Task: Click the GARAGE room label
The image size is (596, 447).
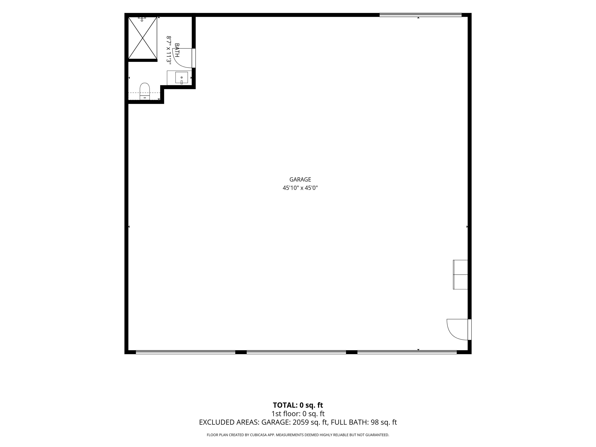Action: pyautogui.click(x=300, y=179)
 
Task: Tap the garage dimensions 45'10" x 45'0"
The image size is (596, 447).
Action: pyautogui.click(x=300, y=188)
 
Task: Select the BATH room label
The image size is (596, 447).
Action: pyautogui.click(x=177, y=50)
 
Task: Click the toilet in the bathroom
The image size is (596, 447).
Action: pyautogui.click(x=145, y=91)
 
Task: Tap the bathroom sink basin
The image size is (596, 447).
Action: pyautogui.click(x=182, y=78)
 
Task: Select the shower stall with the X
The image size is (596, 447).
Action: pyautogui.click(x=143, y=38)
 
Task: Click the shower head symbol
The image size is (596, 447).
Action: pyautogui.click(x=142, y=19)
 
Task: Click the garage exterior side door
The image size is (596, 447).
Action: pyautogui.click(x=469, y=329)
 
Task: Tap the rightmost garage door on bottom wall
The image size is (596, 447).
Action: pyautogui.click(x=407, y=352)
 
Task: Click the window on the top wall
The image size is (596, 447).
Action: pyautogui.click(x=421, y=15)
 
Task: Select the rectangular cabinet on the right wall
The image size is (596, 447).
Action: pyautogui.click(x=460, y=275)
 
